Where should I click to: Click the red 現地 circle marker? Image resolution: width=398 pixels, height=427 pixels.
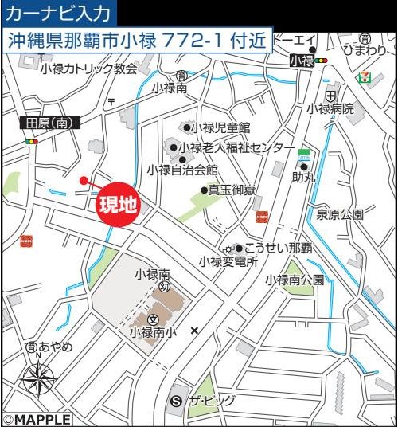(117, 204)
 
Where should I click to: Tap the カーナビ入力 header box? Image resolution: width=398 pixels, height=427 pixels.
(60, 14)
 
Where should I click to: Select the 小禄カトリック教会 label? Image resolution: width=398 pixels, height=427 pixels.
(88, 69)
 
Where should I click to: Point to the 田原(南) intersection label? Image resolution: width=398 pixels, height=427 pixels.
(49, 123)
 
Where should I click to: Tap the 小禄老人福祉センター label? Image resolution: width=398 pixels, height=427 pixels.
(236, 147)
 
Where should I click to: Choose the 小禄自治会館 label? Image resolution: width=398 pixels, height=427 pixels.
(182, 170)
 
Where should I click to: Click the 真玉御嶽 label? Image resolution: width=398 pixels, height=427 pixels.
(232, 190)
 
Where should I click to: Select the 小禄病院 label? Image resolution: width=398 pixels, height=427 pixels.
(330, 108)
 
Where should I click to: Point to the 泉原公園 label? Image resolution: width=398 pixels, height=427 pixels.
(340, 213)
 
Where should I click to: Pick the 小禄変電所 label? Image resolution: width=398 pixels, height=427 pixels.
(228, 261)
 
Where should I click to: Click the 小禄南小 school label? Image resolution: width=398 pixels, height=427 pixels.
(151, 331)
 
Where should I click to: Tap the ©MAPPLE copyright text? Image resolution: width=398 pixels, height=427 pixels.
(37, 419)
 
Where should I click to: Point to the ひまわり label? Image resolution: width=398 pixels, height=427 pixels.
(366, 51)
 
